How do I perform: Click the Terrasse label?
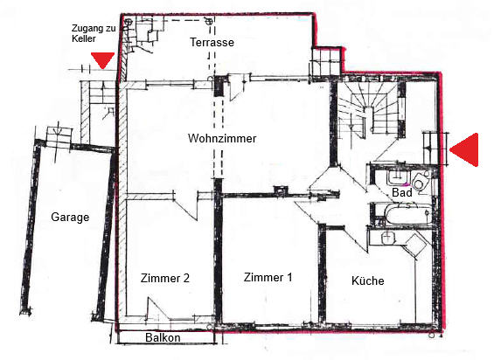point(212,42)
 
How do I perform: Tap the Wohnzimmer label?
point(222,138)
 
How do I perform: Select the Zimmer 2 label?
point(164,278)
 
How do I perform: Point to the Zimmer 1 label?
point(268,277)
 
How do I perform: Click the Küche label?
point(368,280)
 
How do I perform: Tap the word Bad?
point(402,192)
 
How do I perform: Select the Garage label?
point(70,218)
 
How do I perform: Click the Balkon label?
point(163,337)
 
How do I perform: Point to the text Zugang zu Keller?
point(94,33)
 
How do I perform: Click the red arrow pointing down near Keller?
point(102,59)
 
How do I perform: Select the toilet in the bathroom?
point(421,180)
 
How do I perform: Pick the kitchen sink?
point(388,238)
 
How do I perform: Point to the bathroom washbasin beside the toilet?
point(399,178)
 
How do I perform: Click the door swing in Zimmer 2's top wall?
point(186,205)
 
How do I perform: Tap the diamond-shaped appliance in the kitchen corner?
point(417,244)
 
